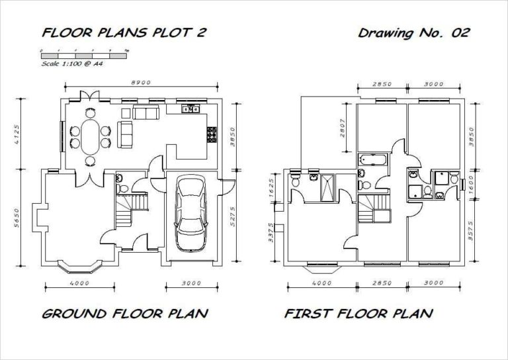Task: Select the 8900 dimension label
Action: [x=142, y=83]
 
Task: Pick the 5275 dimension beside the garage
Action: [x=232, y=215]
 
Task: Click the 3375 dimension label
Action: [x=272, y=234]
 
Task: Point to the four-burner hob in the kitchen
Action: [x=213, y=136]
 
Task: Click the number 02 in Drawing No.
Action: [x=460, y=33]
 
